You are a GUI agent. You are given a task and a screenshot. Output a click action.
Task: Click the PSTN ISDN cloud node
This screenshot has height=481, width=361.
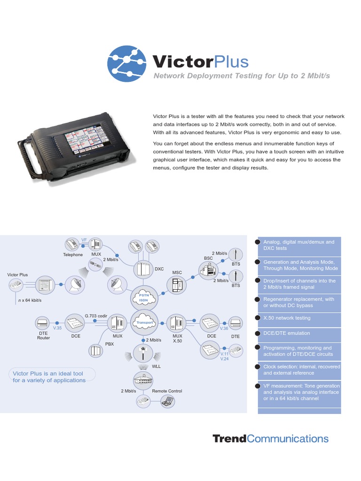(x=143, y=296)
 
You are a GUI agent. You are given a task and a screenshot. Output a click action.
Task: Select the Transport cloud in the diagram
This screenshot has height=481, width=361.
(x=144, y=323)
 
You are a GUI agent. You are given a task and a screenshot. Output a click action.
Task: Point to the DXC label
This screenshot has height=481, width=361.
(x=159, y=269)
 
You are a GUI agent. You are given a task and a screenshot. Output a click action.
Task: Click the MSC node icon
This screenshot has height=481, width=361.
(x=177, y=285)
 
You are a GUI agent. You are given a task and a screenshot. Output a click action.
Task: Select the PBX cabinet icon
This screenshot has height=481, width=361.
(x=96, y=350)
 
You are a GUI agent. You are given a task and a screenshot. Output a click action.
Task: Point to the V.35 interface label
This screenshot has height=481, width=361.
(x=57, y=328)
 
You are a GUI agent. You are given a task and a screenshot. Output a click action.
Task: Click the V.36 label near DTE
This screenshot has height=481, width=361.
(x=223, y=328)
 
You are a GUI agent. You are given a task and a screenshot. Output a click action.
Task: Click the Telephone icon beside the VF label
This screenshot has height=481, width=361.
(x=72, y=245)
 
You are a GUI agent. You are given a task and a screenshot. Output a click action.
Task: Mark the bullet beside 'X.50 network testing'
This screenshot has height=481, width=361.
(x=257, y=318)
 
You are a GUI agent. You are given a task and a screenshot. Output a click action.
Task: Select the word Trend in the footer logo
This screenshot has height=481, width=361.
(x=229, y=439)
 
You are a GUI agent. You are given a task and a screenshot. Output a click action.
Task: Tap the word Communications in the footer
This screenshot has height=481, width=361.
(x=288, y=439)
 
